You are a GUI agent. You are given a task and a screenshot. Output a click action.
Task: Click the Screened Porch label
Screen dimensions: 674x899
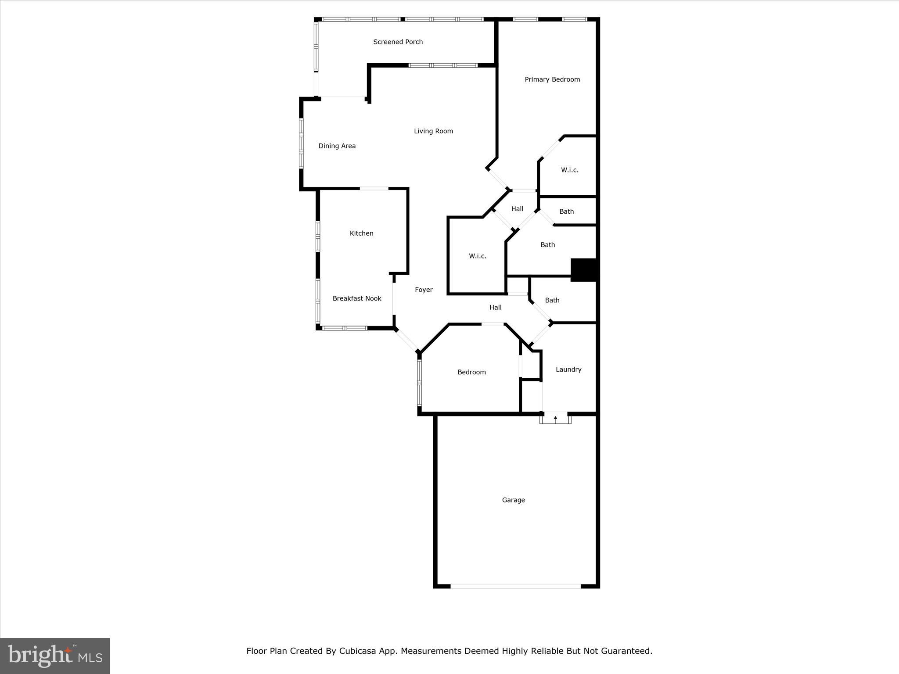click(398, 42)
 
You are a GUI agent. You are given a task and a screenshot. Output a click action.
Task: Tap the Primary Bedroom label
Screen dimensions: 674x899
click(552, 79)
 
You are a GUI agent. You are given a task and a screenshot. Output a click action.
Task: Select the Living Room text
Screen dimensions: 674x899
click(433, 131)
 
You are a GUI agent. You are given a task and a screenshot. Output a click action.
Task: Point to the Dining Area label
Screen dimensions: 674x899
click(337, 146)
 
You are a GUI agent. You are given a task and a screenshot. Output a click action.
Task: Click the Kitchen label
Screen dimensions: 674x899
click(361, 233)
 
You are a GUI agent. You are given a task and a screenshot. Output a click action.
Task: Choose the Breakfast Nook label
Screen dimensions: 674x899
click(356, 298)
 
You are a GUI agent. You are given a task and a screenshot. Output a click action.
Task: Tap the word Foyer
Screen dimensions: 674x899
click(424, 290)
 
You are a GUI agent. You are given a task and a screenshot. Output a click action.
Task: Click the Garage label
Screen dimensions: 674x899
click(513, 500)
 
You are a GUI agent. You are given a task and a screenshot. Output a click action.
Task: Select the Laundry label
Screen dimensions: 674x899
click(568, 369)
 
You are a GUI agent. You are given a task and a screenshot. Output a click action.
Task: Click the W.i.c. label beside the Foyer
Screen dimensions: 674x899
click(477, 256)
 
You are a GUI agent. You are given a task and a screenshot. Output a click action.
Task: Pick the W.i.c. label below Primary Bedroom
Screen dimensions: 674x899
click(569, 170)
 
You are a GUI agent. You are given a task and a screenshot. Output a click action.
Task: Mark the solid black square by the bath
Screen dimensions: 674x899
click(583, 270)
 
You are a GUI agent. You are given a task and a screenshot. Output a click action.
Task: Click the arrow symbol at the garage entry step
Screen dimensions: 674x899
click(555, 418)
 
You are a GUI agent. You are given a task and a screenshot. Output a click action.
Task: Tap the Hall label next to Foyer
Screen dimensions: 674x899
click(495, 308)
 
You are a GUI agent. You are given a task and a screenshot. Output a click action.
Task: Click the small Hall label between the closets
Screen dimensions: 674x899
click(517, 209)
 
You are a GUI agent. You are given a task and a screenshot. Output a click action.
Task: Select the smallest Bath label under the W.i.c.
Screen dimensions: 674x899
click(566, 212)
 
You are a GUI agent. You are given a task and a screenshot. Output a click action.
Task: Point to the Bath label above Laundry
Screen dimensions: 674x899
click(552, 300)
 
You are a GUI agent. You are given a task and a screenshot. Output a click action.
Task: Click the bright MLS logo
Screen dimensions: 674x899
click(55, 656)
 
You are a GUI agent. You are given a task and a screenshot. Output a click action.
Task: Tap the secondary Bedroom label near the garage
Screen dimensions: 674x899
click(471, 372)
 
